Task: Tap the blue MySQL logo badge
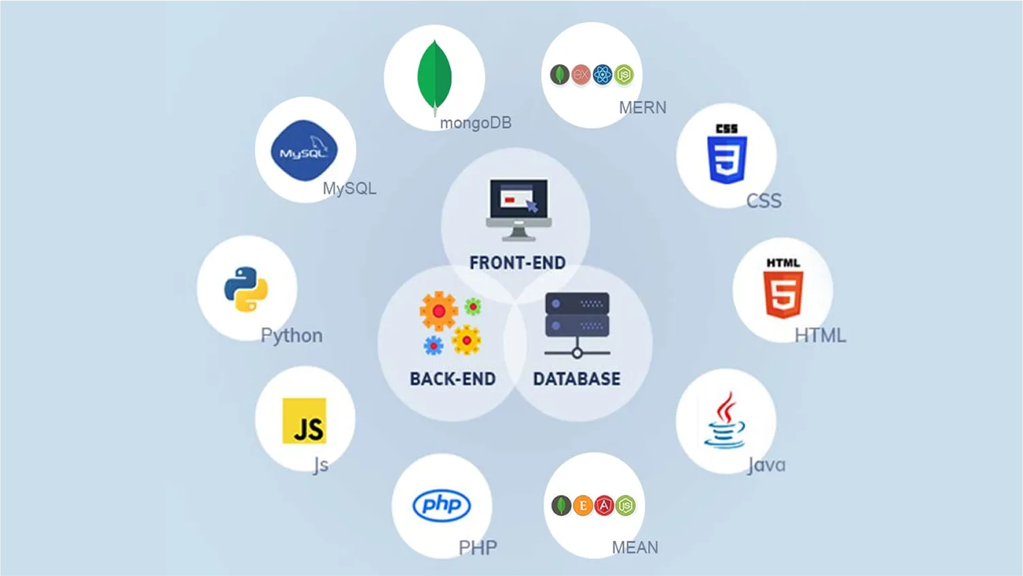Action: (304, 151)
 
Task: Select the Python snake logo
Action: (246, 289)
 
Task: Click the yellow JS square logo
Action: (304, 421)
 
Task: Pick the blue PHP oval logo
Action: (442, 505)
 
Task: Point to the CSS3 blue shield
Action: (727, 160)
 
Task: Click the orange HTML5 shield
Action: (783, 294)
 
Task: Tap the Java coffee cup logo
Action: (724, 421)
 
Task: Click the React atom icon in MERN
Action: (602, 74)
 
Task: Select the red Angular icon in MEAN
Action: (604, 505)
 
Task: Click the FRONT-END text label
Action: (517, 262)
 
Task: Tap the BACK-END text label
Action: (453, 379)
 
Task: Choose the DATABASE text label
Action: (577, 379)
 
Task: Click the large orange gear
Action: (439, 311)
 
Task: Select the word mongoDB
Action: (476, 123)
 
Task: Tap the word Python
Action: (292, 335)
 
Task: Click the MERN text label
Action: (643, 108)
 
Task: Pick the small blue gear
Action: (433, 346)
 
